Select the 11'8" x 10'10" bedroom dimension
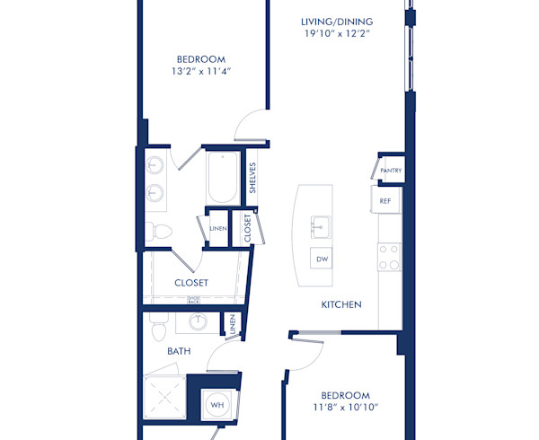(x=346, y=407)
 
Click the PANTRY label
(x=391, y=171)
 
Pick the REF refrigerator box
(x=385, y=201)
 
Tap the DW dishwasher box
(x=321, y=259)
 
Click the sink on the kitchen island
(x=319, y=224)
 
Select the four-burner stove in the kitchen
(x=389, y=258)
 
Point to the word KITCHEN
(x=341, y=305)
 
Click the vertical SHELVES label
(x=254, y=177)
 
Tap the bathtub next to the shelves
(x=221, y=178)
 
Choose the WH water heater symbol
(x=217, y=405)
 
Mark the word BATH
(x=178, y=352)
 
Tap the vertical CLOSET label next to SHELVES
(x=246, y=228)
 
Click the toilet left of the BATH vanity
(x=159, y=328)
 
